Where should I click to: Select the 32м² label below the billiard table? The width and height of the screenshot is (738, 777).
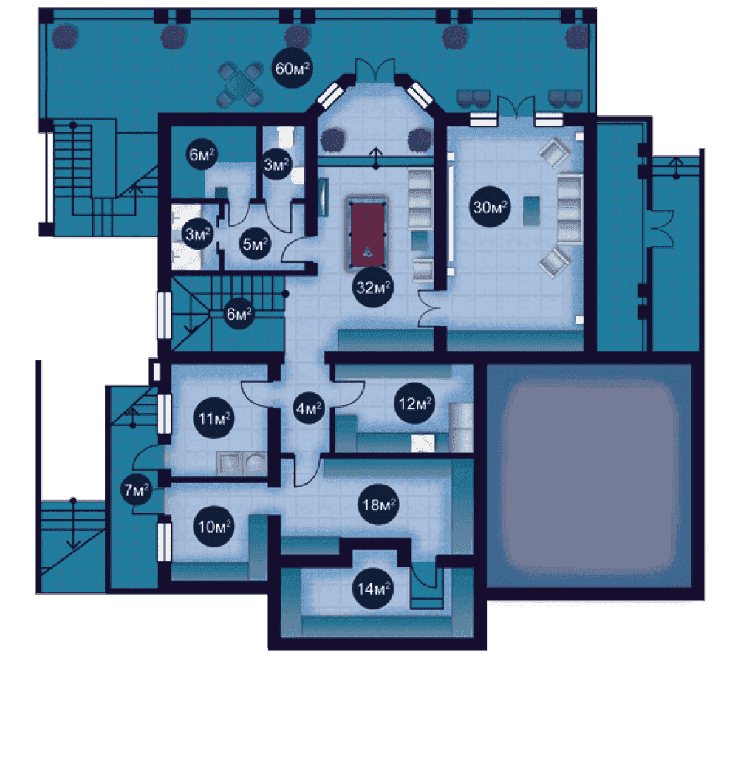click(373, 288)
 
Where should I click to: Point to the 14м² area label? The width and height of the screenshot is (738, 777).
click(372, 589)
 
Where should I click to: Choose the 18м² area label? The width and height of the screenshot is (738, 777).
click(380, 505)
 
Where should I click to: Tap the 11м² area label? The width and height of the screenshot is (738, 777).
click(214, 420)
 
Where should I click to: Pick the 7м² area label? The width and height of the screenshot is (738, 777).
click(137, 489)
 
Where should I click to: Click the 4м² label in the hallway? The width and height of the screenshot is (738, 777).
click(309, 408)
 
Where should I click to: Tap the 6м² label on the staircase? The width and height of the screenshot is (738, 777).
click(239, 314)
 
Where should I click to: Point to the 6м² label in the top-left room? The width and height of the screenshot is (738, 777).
click(201, 155)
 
